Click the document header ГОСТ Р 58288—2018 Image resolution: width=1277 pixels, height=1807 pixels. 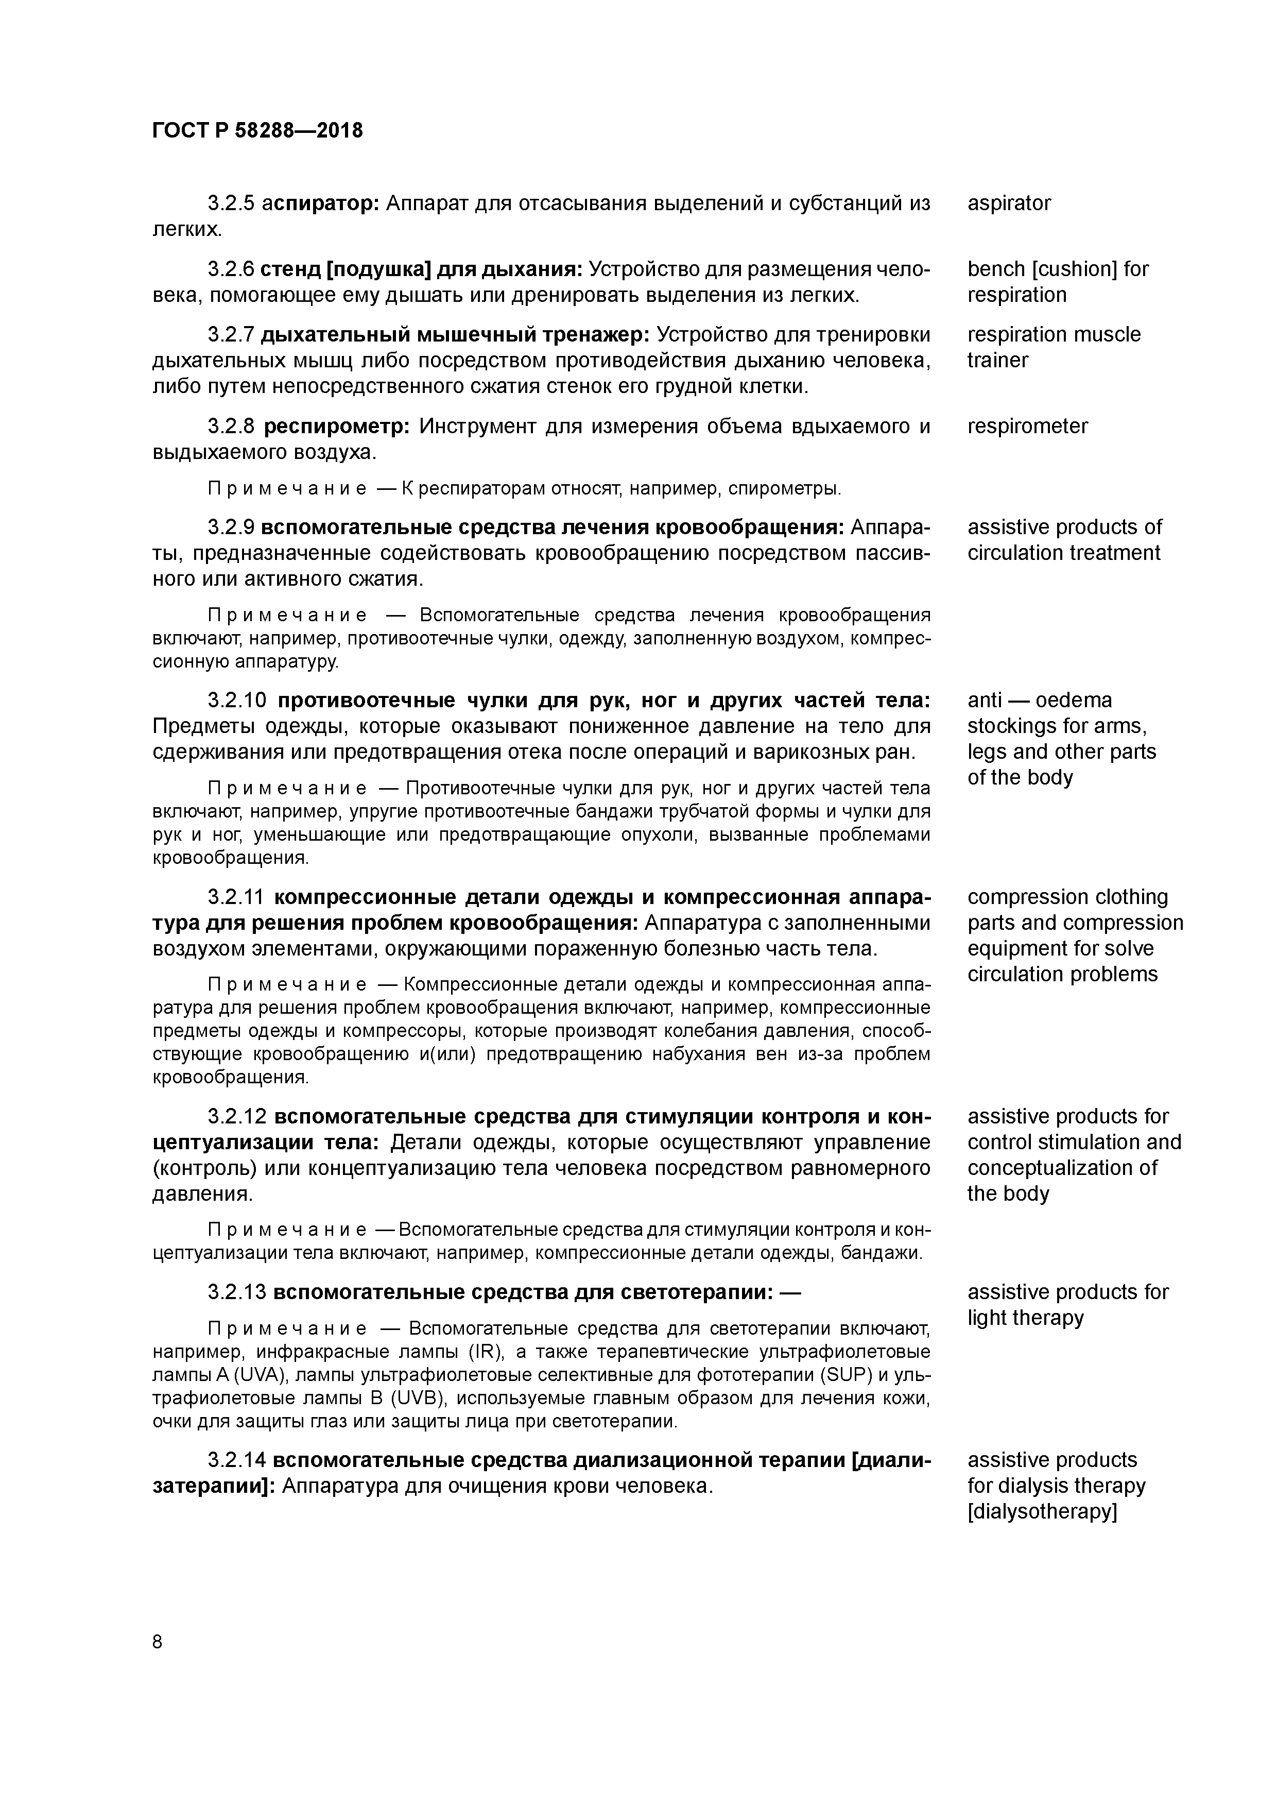[257, 131]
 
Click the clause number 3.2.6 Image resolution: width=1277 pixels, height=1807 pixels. [231, 269]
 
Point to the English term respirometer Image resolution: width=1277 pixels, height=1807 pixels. [1028, 427]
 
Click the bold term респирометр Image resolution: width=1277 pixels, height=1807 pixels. [336, 427]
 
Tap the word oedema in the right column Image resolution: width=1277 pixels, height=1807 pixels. [1073, 701]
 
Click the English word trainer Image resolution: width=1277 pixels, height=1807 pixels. [998, 361]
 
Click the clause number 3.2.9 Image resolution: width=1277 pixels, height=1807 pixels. [231, 527]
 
